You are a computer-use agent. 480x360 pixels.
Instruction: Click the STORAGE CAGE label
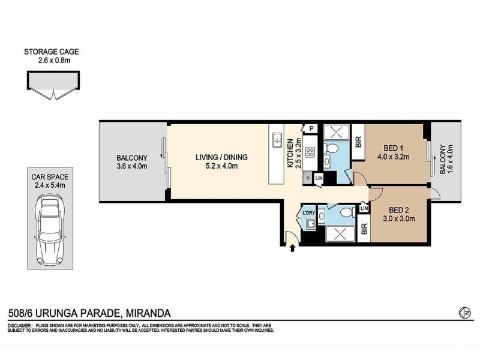click(52, 52)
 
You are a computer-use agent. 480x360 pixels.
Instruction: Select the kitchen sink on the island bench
click(277, 140)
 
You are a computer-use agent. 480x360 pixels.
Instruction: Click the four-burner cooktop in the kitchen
click(310, 152)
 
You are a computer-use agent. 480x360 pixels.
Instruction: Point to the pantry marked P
click(311, 128)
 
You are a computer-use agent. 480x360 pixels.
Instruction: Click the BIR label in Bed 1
click(358, 142)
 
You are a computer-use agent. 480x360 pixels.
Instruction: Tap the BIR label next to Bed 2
click(364, 229)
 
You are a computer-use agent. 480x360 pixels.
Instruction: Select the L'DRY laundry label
click(308, 213)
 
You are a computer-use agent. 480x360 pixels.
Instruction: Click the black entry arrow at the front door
click(292, 248)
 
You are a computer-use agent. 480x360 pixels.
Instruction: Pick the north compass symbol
click(465, 313)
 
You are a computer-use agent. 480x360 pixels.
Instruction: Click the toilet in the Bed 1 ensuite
click(331, 149)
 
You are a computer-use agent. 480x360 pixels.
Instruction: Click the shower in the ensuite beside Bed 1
click(337, 132)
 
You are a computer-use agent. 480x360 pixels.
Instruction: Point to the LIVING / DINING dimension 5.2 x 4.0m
click(221, 166)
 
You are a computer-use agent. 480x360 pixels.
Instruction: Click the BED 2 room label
click(399, 211)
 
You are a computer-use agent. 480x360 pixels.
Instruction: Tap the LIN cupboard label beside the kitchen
click(319, 178)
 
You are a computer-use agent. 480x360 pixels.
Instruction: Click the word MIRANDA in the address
click(148, 313)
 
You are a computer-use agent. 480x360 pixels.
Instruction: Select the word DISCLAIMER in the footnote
click(19, 325)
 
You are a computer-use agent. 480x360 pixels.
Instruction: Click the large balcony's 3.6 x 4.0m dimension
click(131, 166)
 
